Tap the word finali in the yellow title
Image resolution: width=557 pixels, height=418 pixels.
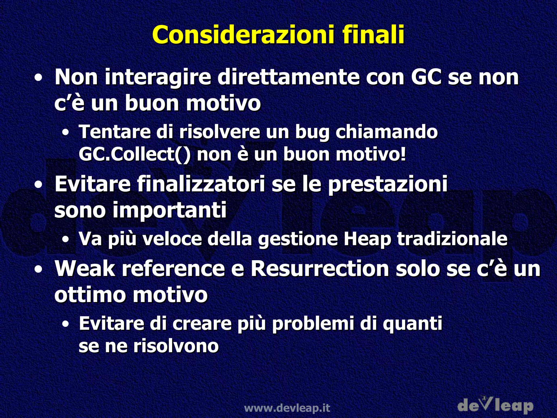(373, 35)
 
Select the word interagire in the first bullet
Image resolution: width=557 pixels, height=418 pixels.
(158, 77)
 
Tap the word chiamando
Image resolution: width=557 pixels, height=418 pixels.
(386, 132)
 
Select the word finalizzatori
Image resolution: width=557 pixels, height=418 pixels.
(201, 184)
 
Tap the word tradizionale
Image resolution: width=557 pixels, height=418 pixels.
(452, 239)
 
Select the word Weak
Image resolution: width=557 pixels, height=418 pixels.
(85, 269)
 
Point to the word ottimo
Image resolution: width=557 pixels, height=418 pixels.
(90, 294)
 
